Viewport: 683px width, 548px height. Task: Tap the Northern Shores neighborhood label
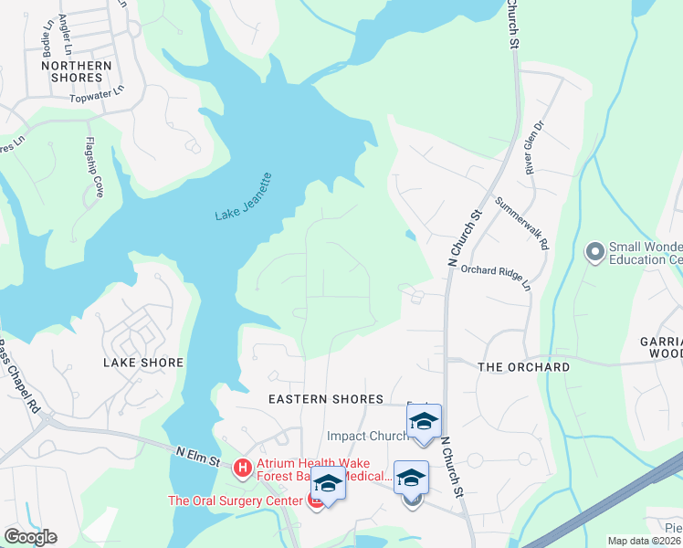pyautogui.click(x=77, y=71)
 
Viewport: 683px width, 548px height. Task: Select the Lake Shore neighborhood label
pyautogui.click(x=143, y=363)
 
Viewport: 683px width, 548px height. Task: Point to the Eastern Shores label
pyautogui.click(x=325, y=399)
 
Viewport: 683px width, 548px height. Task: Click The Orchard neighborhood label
pyautogui.click(x=524, y=367)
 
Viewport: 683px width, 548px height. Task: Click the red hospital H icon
pyautogui.click(x=243, y=469)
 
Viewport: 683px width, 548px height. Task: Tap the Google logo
pyautogui.click(x=30, y=537)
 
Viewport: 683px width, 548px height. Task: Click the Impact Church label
pyautogui.click(x=365, y=436)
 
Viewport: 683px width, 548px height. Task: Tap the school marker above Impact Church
pyautogui.click(x=424, y=422)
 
